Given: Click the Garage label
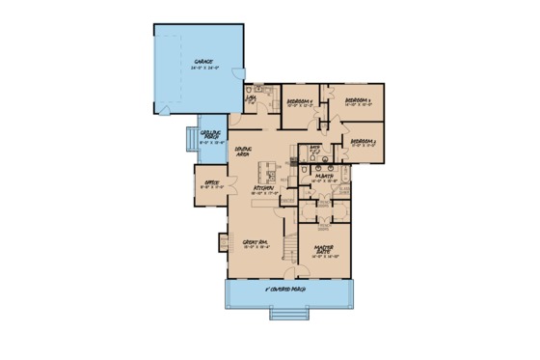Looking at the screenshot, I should pyautogui.click(x=201, y=60).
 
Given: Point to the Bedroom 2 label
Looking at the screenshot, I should pyautogui.click(x=364, y=141).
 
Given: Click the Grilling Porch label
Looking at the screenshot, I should pyautogui.click(x=211, y=135).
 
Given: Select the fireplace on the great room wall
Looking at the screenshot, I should pyautogui.click(x=224, y=241).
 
